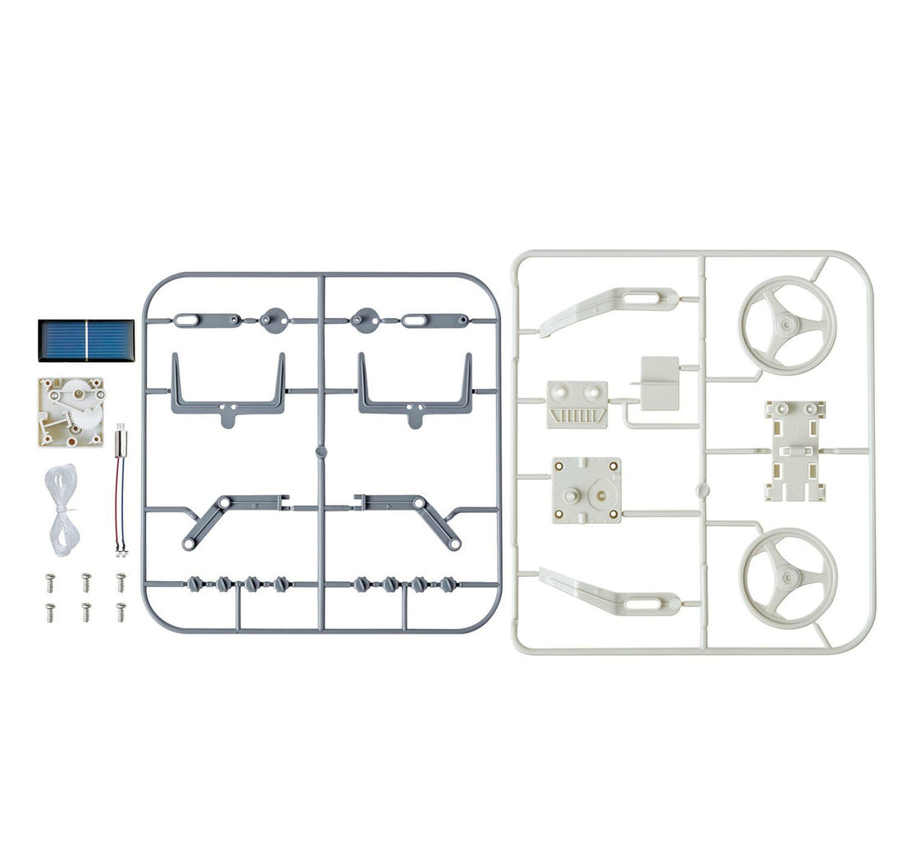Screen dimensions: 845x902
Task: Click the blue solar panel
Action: pyautogui.click(x=85, y=340)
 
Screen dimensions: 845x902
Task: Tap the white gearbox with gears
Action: pyautogui.click(x=71, y=411)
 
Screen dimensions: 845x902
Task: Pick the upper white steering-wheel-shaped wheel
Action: pyautogui.click(x=787, y=321)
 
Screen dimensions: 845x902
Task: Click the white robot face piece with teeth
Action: pyautogui.click(x=577, y=404)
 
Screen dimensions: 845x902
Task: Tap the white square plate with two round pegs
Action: pyautogui.click(x=585, y=490)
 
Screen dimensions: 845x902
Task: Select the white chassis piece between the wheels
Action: pyautogui.click(x=794, y=450)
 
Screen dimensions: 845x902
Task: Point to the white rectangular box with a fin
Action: pyautogui.click(x=659, y=383)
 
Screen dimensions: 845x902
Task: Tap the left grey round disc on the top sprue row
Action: pyautogui.click(x=271, y=319)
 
